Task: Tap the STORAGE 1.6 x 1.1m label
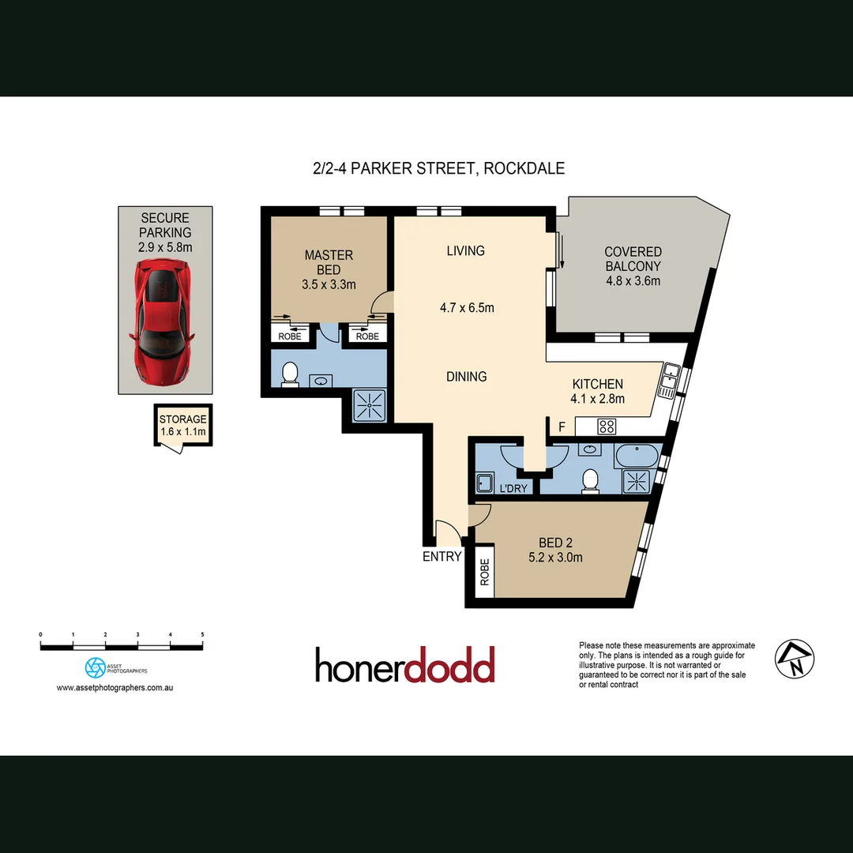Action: click(182, 426)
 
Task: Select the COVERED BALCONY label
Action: click(633, 266)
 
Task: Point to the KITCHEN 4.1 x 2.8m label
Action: click(598, 391)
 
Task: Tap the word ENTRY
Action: click(442, 556)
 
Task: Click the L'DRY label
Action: click(513, 489)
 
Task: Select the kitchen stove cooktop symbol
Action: click(607, 426)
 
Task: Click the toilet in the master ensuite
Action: click(289, 374)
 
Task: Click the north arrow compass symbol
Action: click(795, 657)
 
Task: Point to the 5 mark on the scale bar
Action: click(203, 634)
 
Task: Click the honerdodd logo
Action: click(404, 665)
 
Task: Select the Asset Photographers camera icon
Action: click(95, 667)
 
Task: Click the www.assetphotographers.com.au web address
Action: click(115, 688)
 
